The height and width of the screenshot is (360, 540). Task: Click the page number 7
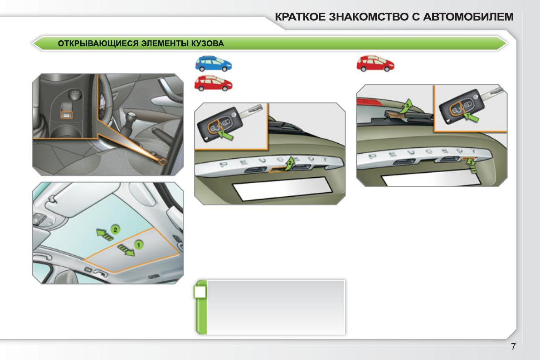tap(513, 347)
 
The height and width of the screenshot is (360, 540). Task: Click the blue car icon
tap(213, 63)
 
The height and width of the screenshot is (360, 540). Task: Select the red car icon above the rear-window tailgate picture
tap(375, 63)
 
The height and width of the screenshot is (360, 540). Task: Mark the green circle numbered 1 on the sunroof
tap(138, 244)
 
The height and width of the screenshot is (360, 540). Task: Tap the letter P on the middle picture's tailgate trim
tap(222, 164)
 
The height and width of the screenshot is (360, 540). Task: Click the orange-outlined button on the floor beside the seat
tap(162, 161)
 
